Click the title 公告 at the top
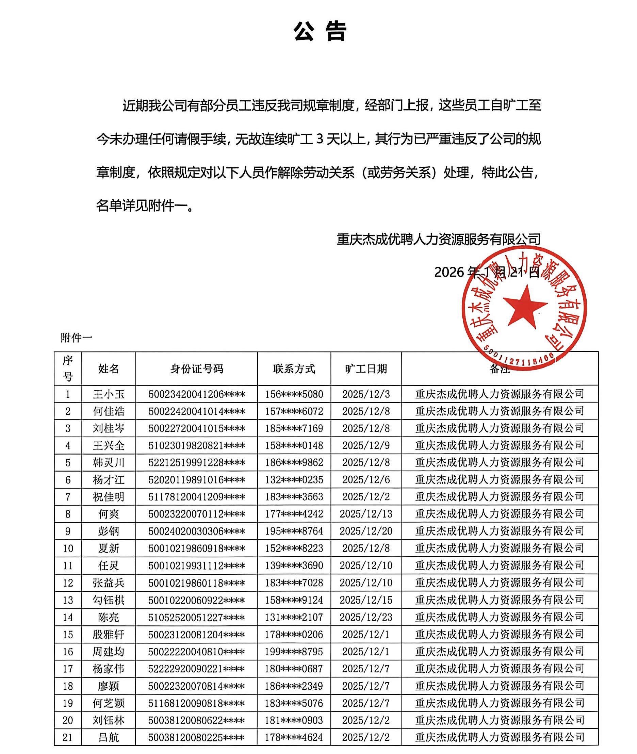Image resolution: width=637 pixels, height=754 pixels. (x=320, y=31)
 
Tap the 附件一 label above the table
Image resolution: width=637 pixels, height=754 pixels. (x=77, y=338)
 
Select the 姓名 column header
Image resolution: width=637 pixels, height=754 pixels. (x=108, y=369)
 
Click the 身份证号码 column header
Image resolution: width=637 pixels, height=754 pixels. (x=197, y=369)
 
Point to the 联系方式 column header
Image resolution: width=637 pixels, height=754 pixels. (x=294, y=369)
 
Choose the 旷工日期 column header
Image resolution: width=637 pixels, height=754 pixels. (x=366, y=369)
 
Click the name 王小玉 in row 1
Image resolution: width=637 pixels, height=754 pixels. (x=108, y=394)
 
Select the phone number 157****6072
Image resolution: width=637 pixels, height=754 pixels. (x=294, y=411)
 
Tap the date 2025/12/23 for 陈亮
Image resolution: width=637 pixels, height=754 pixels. (x=366, y=617)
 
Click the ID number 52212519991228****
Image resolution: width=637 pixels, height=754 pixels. (x=197, y=463)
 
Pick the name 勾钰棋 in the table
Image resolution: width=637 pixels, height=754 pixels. (x=108, y=600)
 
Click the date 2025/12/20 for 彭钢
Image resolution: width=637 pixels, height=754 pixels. (x=366, y=531)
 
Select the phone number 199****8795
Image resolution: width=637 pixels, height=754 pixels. (x=294, y=652)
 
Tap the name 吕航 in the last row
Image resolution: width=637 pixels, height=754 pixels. (x=108, y=737)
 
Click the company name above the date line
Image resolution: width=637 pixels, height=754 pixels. (x=438, y=239)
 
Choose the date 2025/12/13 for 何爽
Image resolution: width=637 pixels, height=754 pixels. (x=366, y=514)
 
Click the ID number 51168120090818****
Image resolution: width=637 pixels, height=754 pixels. (x=197, y=703)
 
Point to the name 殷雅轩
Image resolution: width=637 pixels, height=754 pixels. (x=108, y=635)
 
